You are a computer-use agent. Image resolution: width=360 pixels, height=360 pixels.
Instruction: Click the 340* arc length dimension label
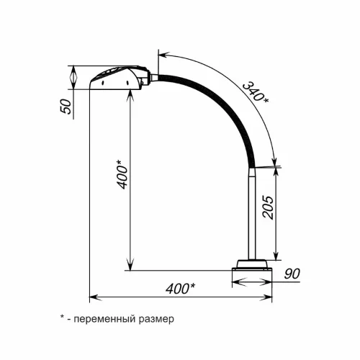tap(256, 93)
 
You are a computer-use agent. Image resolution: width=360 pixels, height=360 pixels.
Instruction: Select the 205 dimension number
tap(268, 207)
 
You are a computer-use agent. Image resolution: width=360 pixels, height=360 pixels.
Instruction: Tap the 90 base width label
tap(292, 274)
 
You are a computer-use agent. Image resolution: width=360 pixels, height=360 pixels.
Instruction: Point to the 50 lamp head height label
tap(66, 107)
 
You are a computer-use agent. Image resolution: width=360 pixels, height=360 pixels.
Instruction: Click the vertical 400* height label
tap(122, 174)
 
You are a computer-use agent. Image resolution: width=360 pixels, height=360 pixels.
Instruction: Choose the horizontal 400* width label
tap(181, 289)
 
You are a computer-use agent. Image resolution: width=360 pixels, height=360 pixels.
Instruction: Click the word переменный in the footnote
tap(105, 320)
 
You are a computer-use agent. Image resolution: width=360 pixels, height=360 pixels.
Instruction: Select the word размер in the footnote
tap(156, 320)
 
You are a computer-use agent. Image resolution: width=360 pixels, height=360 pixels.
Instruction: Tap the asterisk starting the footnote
tap(63, 318)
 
